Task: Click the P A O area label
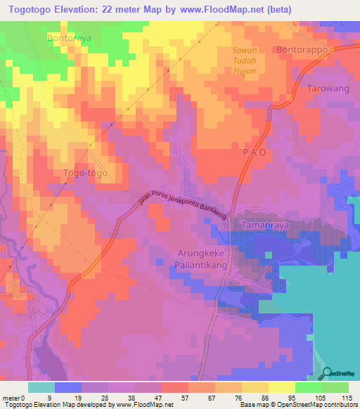point(255,152)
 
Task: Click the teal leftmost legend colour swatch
point(41,387)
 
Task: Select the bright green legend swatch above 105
point(308,387)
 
